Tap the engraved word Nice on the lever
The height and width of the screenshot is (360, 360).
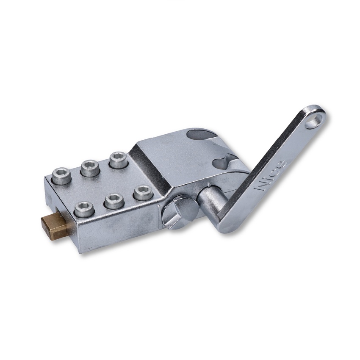(x=271, y=175)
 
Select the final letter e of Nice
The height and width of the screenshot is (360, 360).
(x=282, y=163)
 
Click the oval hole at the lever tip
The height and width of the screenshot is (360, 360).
(x=314, y=121)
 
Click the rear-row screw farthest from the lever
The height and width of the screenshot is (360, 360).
(x=62, y=175)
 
